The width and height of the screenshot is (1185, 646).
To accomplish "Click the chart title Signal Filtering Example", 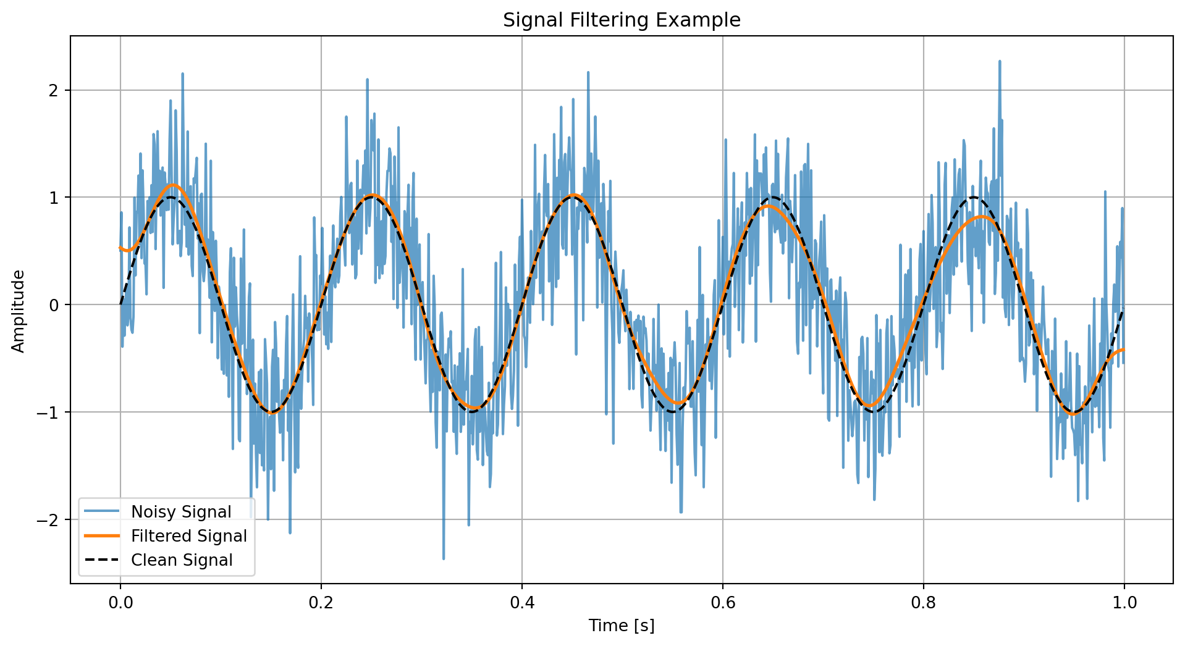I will click(x=622, y=20).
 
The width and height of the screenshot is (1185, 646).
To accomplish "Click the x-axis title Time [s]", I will click(x=622, y=626).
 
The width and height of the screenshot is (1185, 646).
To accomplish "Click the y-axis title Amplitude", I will click(x=19, y=311).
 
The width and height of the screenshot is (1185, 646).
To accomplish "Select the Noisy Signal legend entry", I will click(x=181, y=512).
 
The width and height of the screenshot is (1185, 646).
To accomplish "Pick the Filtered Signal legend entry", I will click(x=188, y=536).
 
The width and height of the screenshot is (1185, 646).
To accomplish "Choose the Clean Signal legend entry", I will click(x=182, y=560).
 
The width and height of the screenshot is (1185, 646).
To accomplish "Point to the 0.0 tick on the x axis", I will click(x=120, y=602).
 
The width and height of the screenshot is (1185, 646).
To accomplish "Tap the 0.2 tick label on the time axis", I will click(x=321, y=602).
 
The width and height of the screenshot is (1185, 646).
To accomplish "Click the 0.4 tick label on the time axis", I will click(x=521, y=602).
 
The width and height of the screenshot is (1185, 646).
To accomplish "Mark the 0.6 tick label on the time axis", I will click(x=722, y=602).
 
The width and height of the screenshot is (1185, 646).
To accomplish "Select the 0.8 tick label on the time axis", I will click(x=923, y=602).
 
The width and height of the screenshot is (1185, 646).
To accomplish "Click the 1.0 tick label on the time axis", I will click(x=1124, y=602).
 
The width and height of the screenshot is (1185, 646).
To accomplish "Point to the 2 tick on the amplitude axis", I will click(x=53, y=90).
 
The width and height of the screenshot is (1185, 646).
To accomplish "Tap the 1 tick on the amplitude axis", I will click(x=53, y=198).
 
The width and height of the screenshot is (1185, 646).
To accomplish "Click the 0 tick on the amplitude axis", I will click(x=53, y=305).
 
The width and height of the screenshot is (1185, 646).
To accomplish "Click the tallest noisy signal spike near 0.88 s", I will click(x=999, y=62).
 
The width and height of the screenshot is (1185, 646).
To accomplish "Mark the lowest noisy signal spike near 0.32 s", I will click(x=444, y=558).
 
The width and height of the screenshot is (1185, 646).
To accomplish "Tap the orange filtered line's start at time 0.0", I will click(x=120, y=248).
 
